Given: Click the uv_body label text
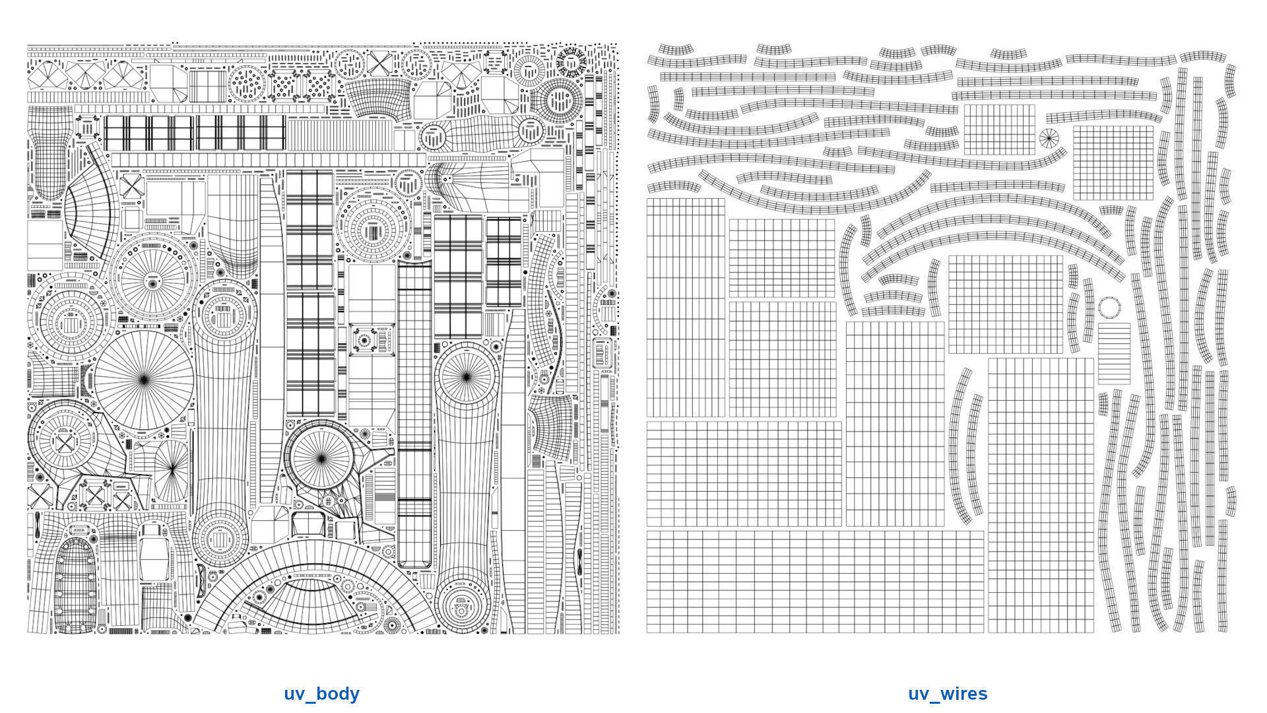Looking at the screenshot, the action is coord(321,694).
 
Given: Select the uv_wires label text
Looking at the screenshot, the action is coord(948,694).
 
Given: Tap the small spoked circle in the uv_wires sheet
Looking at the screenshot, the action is coord(1049,139).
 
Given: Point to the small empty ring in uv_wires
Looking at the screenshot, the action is coord(1109,307).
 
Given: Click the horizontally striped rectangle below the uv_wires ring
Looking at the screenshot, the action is coord(1114,353).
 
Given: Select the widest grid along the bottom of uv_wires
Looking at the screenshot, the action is coord(815,582).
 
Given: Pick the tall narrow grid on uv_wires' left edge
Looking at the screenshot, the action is coord(686,308).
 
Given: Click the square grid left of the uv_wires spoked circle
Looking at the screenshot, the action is coord(1000,129).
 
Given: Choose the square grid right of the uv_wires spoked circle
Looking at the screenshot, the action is coord(1113,162).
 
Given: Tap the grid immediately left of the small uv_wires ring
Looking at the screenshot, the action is coord(1006,304).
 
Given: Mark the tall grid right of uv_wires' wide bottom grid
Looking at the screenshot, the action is coord(1041,495).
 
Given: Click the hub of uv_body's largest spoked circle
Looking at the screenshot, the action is coord(145,379).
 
